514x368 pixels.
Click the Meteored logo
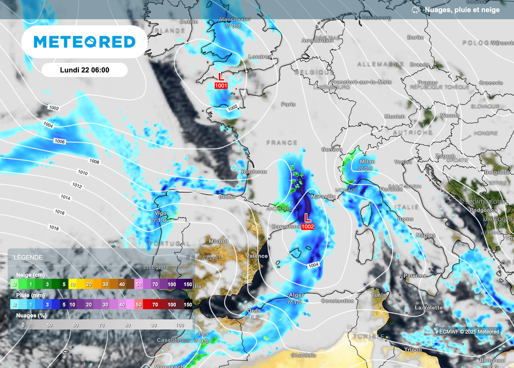tap(84, 42)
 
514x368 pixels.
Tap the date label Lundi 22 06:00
tap(84, 70)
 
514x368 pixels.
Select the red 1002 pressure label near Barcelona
tap(308, 226)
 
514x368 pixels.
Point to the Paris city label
tap(288, 104)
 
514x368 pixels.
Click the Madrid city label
tap(218, 241)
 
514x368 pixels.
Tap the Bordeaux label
tap(254, 172)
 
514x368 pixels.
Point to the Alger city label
tap(296, 295)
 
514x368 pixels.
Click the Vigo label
tap(161, 213)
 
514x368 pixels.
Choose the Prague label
tap(428, 82)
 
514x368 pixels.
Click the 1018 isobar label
tap(54, 228)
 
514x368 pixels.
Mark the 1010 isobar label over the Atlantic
tap(83, 173)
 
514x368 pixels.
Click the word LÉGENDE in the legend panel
tap(29, 257)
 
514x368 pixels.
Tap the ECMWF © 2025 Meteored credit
tap(469, 331)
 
